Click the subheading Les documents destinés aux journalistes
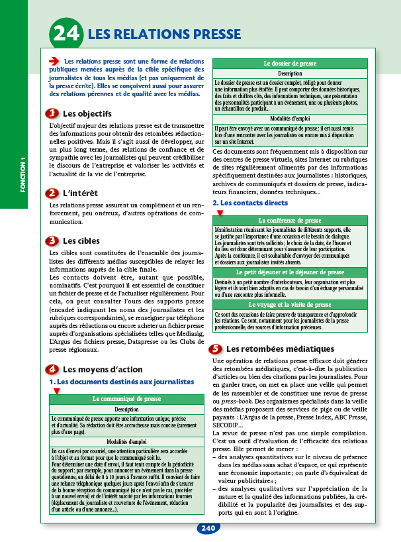point(122,382)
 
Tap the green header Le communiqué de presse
point(126,399)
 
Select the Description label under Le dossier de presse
point(290,74)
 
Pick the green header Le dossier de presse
point(290,64)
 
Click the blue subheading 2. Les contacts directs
point(250,203)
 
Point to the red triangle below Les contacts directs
point(220,213)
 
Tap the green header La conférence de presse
point(290,220)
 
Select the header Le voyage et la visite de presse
point(290,305)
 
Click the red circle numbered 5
point(215,349)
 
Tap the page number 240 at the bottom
point(207,528)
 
